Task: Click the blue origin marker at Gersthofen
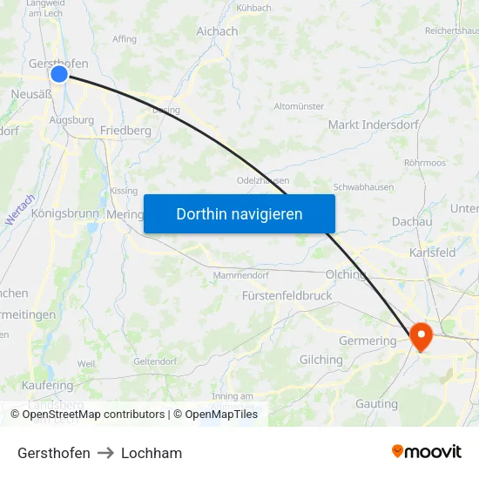click(59, 74)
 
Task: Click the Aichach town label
click(217, 31)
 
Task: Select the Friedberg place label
click(125, 131)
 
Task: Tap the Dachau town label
click(412, 222)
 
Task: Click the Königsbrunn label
click(65, 213)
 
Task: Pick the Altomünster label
click(299, 106)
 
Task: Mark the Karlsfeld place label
click(433, 253)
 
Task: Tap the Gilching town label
click(321, 360)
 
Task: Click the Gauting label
click(376, 404)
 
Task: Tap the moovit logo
click(427, 452)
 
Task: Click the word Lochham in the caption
click(152, 453)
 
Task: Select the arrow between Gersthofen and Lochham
click(105, 453)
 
